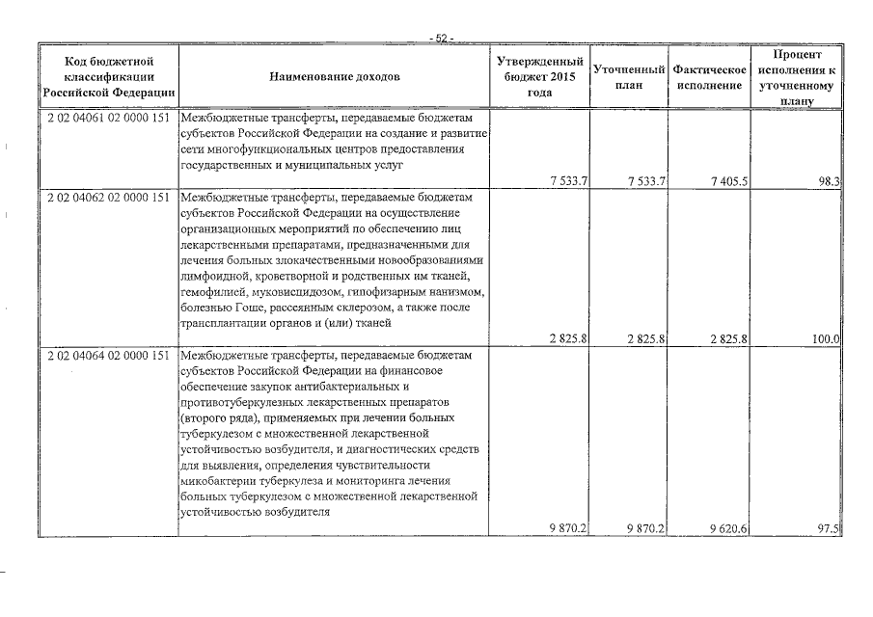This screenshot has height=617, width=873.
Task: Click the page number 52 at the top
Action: click(443, 39)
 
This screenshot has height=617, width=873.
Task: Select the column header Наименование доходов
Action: click(334, 76)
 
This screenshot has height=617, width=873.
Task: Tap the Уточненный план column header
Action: click(628, 77)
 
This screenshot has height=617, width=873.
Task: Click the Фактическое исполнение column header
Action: click(709, 77)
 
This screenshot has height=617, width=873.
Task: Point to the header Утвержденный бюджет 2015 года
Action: click(539, 77)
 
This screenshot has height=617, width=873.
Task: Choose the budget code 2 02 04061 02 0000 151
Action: click(108, 118)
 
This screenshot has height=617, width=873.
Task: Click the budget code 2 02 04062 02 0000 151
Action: click(108, 198)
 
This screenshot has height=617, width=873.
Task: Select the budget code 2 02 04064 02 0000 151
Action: click(108, 356)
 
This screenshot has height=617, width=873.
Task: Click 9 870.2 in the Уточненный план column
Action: click(646, 528)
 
